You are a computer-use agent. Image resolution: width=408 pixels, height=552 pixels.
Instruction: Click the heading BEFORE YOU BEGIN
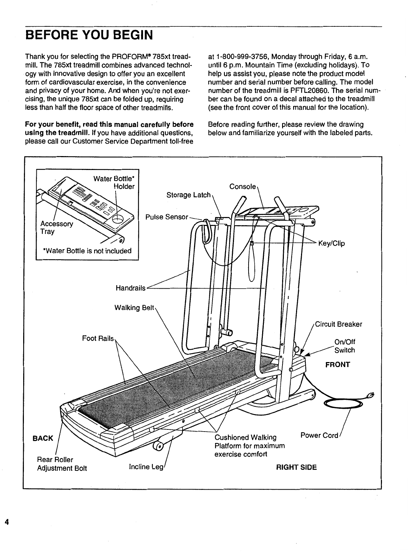[88, 35]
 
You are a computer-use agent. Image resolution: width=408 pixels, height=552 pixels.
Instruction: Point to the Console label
[243, 187]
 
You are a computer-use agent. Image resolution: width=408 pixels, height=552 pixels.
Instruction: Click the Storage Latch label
[188, 195]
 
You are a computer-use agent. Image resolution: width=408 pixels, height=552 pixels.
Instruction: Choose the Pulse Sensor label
[167, 217]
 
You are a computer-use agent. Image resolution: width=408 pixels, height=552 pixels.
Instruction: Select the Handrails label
[131, 288]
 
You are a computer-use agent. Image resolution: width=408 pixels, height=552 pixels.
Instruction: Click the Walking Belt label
[134, 307]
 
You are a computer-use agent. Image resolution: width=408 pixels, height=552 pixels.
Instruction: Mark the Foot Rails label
[98, 338]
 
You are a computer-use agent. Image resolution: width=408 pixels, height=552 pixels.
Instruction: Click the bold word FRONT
[337, 365]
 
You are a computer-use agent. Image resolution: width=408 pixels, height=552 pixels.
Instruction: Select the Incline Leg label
[143, 466]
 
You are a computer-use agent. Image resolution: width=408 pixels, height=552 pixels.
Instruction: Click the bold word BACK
[43, 438]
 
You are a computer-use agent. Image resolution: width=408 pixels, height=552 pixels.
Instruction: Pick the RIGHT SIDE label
[296, 467]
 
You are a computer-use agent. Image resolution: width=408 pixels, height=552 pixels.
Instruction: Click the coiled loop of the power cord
[343, 403]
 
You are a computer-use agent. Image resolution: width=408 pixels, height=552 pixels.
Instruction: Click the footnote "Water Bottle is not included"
[87, 251]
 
